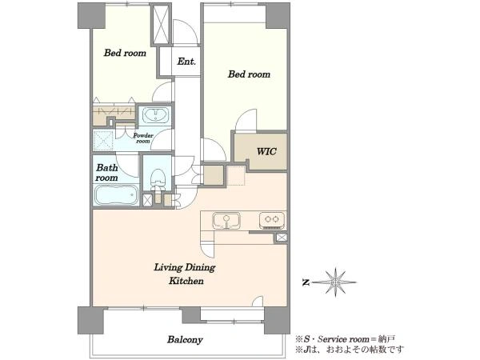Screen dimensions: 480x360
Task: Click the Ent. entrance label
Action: click(x=186, y=62)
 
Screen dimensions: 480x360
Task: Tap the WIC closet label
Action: click(x=266, y=151)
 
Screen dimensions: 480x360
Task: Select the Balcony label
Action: click(x=185, y=339)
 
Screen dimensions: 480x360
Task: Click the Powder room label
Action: click(x=143, y=138)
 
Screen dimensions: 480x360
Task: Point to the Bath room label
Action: click(x=106, y=173)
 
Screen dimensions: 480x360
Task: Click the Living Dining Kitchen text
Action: click(x=185, y=274)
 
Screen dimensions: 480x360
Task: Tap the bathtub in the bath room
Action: click(x=116, y=195)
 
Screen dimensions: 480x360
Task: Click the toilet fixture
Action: click(x=158, y=179)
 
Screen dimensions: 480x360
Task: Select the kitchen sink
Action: click(x=226, y=221)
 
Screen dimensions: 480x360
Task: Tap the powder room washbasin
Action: click(x=156, y=115)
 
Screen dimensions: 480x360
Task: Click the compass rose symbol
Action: click(x=335, y=282)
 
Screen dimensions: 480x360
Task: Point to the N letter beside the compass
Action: click(x=305, y=282)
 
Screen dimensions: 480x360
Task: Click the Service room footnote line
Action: click(x=345, y=339)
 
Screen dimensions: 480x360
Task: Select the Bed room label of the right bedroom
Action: click(x=249, y=74)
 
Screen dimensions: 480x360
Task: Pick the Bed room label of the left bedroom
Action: click(x=125, y=53)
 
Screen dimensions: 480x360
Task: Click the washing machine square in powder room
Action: click(x=103, y=140)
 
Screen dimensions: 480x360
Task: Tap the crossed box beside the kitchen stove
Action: click(x=282, y=238)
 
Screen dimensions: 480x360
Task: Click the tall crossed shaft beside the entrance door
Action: click(x=161, y=24)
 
